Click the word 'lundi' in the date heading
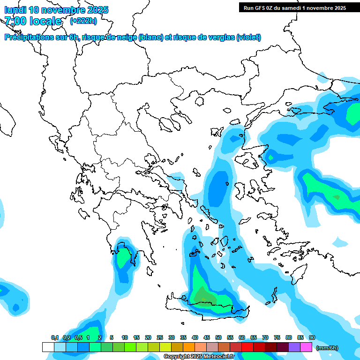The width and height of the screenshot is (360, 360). pyautogui.click(x=15, y=10)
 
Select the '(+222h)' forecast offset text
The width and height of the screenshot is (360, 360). pyautogui.click(x=83, y=21)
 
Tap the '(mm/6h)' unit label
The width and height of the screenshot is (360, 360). pyautogui.click(x=327, y=348)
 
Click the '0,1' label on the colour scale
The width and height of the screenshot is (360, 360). pyautogui.click(x=54, y=337)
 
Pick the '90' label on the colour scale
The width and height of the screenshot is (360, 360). pyautogui.click(x=312, y=337)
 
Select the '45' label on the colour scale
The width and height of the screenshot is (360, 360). pyautogui.click(x=207, y=337)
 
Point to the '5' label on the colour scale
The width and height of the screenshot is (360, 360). pyautogui.click(x=112, y=337)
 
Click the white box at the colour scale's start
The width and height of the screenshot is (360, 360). pyautogui.click(x=48, y=347)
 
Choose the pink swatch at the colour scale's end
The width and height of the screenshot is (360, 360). pyautogui.click(x=306, y=347)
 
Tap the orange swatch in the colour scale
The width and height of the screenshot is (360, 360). pyautogui.click(x=189, y=347)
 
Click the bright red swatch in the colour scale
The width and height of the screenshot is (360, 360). pyautogui.click(x=247, y=347)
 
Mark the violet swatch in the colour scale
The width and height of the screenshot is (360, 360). pyautogui.click(x=294, y=347)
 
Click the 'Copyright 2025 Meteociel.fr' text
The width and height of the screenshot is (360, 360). pyautogui.click(x=199, y=357)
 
